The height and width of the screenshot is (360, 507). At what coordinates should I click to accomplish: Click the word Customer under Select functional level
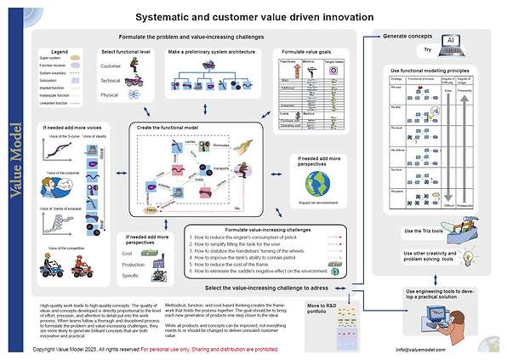[111, 65]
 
